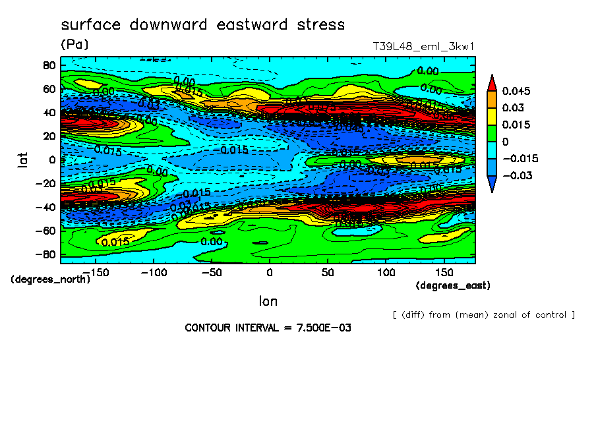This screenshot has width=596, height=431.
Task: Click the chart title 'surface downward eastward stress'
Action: pyautogui.click(x=202, y=25)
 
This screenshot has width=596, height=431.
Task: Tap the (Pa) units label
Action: pyautogui.click(x=74, y=45)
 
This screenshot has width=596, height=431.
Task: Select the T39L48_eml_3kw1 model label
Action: pyautogui.click(x=423, y=47)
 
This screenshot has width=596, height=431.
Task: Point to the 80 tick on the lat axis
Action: pyautogui.click(x=48, y=65)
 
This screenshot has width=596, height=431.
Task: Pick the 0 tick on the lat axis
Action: pyautogui.click(x=51, y=159)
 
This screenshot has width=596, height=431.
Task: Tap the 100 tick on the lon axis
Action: pyautogui.click(x=386, y=272)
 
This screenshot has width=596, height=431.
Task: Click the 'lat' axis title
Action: pyautogui.click(x=22, y=159)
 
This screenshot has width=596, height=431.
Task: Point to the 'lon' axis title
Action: pyautogui.click(x=268, y=301)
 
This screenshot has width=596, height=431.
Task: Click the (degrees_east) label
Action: pyautogui.click(x=453, y=285)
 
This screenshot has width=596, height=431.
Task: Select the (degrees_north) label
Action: pyautogui.click(x=51, y=279)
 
